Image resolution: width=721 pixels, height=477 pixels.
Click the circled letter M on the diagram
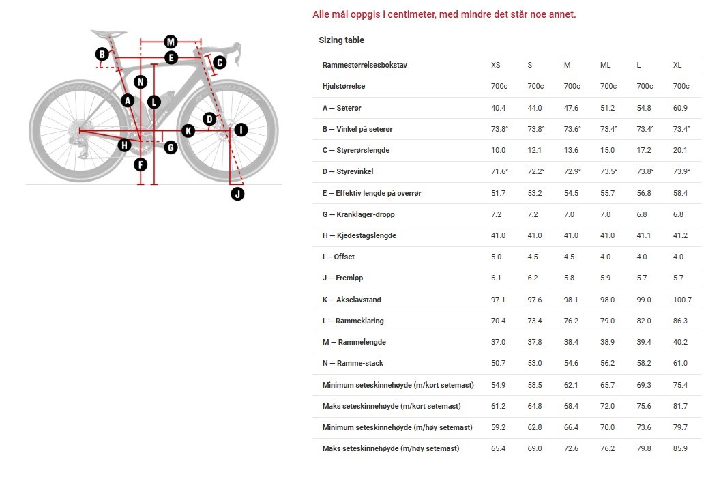pyautogui.click(x=171, y=42)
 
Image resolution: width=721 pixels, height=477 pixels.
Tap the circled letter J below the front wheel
pyautogui.click(x=237, y=194)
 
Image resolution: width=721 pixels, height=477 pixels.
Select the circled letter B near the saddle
pyautogui.click(x=102, y=54)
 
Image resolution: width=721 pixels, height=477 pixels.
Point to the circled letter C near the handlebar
pyautogui.click(x=219, y=63)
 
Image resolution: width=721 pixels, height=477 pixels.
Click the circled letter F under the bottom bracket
pyautogui.click(x=140, y=164)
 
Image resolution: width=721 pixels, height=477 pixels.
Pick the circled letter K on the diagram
pyautogui.click(x=188, y=130)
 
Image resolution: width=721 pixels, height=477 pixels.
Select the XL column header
pyautogui.click(x=677, y=65)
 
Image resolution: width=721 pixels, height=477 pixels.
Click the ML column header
pyautogui.click(x=605, y=65)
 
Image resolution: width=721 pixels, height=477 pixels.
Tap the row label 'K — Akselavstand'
pyautogui.click(x=351, y=300)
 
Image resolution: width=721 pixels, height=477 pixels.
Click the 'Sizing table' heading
pyautogui.click(x=341, y=40)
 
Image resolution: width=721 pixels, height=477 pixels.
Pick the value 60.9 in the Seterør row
pyautogui.click(x=680, y=108)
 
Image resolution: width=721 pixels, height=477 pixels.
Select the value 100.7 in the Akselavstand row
pyautogui.click(x=682, y=300)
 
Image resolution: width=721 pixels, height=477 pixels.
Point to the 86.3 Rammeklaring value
pyautogui.click(x=680, y=321)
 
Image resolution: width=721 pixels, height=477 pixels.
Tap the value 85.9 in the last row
pyautogui.click(x=680, y=448)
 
